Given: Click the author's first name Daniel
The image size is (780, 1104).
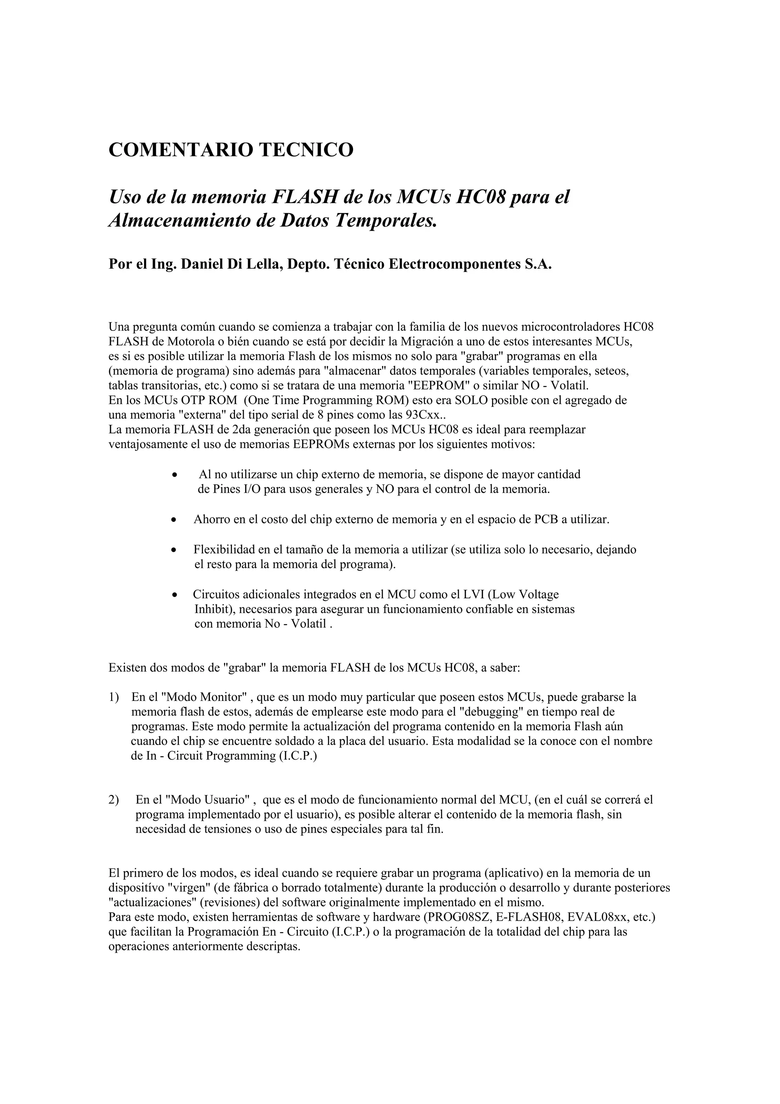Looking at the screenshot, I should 200,264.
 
